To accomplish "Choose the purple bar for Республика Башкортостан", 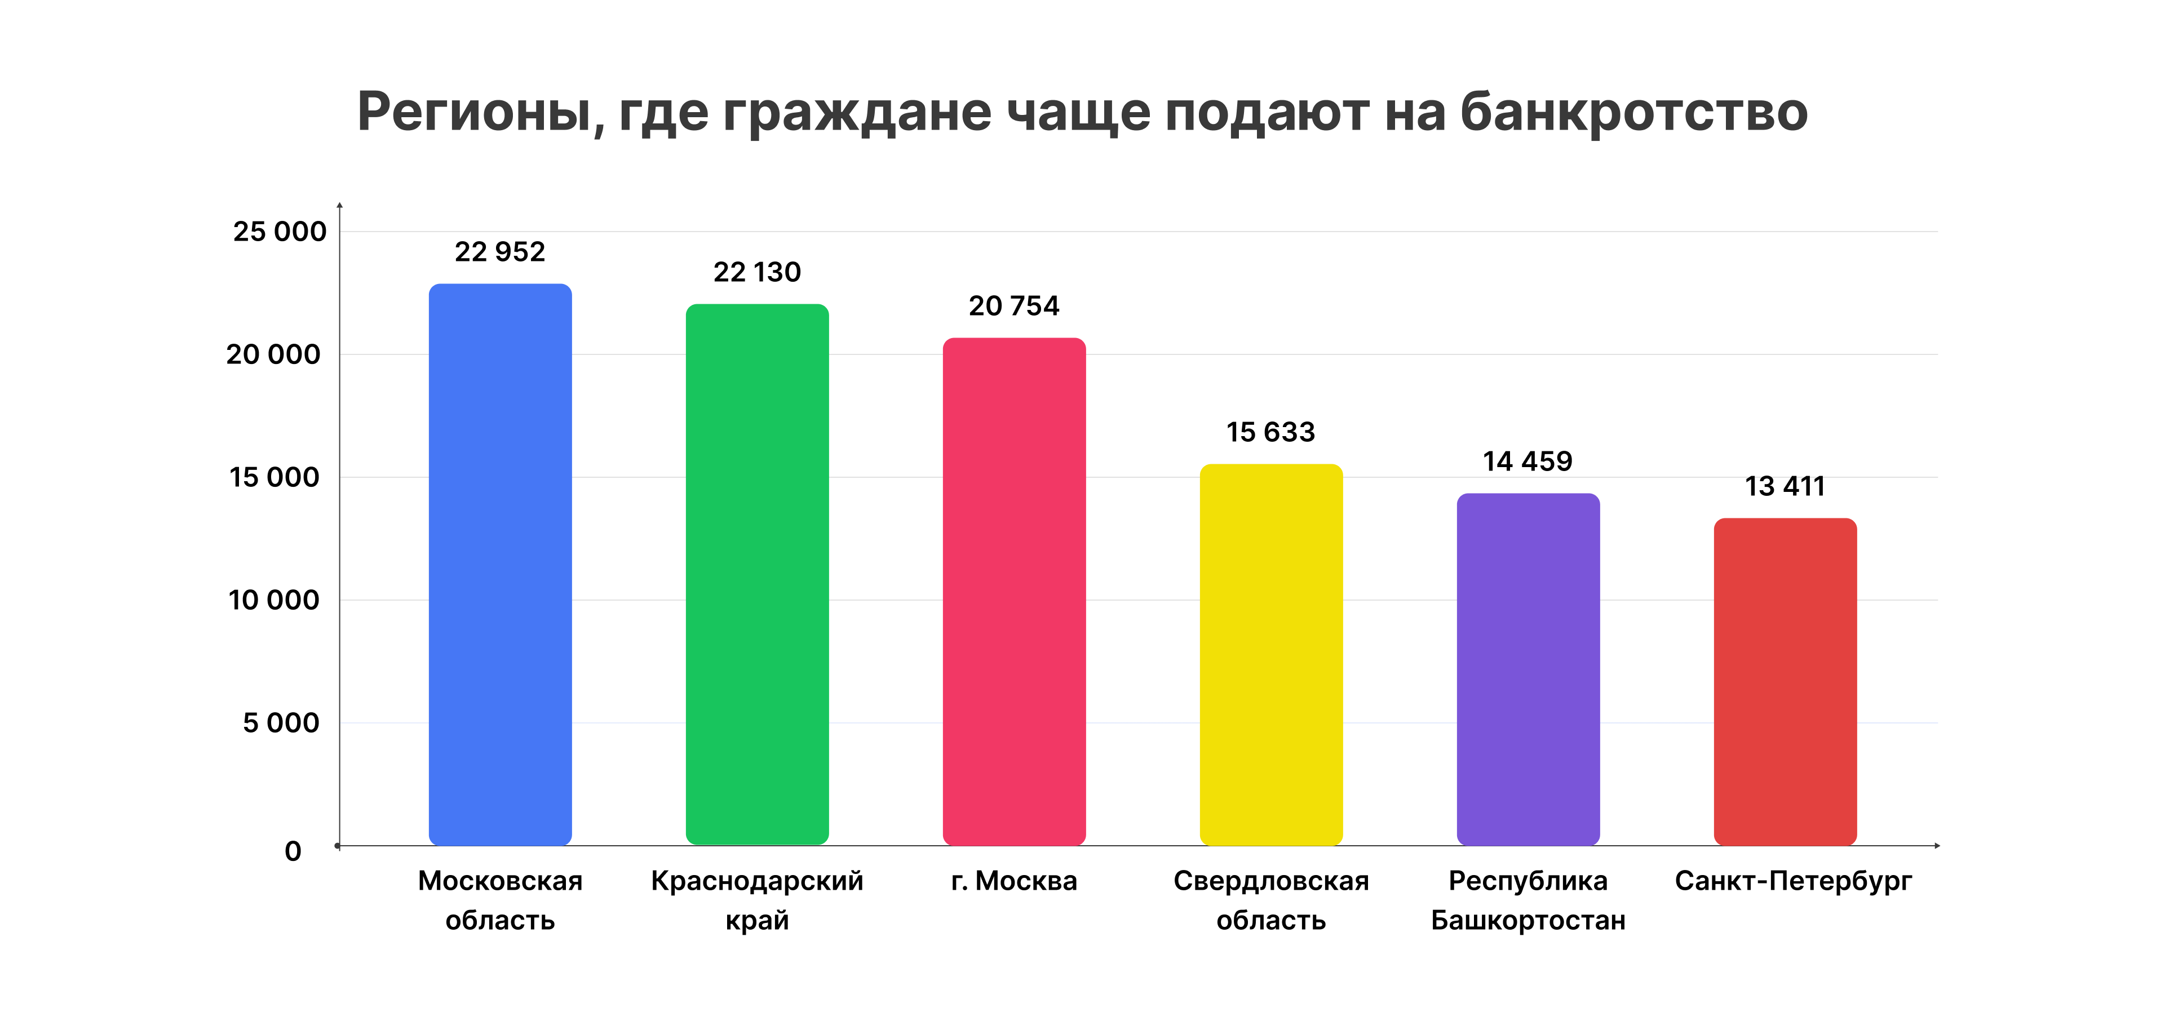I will (1528, 669).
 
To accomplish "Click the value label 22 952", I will (500, 251).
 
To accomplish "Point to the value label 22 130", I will (757, 272).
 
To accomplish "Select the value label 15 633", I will (1270, 432).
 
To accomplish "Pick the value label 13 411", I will (1785, 486).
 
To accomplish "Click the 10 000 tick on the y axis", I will (274, 600).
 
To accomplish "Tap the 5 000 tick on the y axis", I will (281, 722).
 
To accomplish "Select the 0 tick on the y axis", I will (293, 851).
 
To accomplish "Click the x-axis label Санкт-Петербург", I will (1792, 881).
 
